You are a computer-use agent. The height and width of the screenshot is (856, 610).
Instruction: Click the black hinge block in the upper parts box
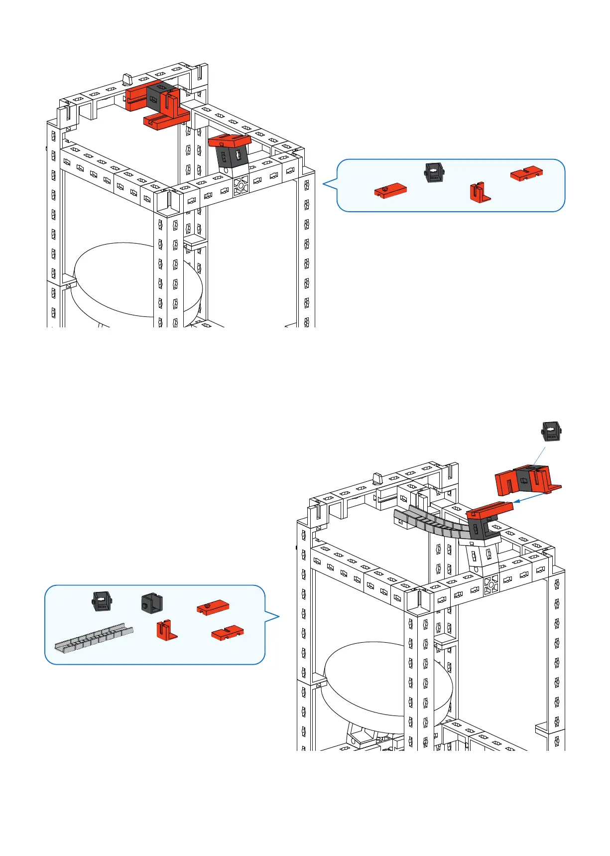click(x=434, y=172)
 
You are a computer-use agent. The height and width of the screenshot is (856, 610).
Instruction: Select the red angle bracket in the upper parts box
click(x=479, y=192)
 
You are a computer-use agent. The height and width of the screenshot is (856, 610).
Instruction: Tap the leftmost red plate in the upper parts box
click(x=390, y=191)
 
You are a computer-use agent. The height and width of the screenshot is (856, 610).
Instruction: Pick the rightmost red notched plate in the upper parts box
click(x=526, y=173)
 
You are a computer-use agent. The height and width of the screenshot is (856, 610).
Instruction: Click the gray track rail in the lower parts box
click(x=94, y=638)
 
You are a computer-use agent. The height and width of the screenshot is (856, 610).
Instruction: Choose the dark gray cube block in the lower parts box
click(x=152, y=603)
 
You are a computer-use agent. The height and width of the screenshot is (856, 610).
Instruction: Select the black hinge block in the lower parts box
click(x=102, y=601)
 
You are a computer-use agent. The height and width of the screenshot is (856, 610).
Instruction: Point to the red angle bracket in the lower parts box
click(x=166, y=630)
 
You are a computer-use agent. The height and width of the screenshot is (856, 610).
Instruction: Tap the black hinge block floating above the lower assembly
click(x=551, y=431)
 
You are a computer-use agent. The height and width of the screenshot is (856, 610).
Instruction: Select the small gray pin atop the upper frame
click(x=126, y=80)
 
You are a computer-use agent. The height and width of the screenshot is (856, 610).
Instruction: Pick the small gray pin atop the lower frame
click(x=377, y=478)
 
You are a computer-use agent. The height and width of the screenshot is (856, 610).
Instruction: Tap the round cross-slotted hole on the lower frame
click(x=491, y=584)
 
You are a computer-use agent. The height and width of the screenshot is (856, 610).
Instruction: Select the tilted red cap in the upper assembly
click(x=230, y=141)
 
